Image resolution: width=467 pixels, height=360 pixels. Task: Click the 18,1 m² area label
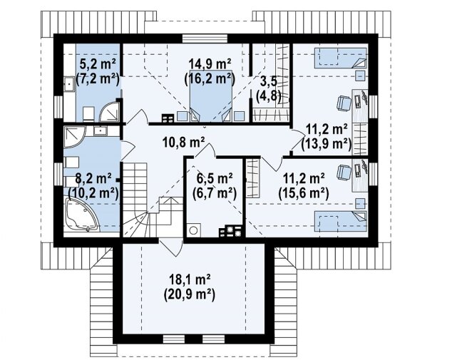tap(190, 280)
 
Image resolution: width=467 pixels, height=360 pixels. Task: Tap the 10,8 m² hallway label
tap(184, 143)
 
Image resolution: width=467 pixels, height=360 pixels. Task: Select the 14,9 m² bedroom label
tap(210, 63)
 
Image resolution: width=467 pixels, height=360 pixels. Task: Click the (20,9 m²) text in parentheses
tap(190, 295)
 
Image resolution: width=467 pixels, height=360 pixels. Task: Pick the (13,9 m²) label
tap(327, 144)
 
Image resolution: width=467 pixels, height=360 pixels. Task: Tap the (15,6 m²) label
tap(304, 194)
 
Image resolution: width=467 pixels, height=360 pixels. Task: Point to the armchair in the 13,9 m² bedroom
tap(344, 103)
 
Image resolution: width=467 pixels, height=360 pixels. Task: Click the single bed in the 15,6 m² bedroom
tap(341, 221)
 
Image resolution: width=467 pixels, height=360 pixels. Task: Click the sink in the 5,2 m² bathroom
tap(68, 83)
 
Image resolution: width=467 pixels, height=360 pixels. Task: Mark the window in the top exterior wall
tap(205, 38)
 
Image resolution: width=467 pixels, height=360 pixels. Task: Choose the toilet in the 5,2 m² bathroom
tap(88, 114)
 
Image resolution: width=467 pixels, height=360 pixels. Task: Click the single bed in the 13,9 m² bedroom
tap(341, 58)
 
